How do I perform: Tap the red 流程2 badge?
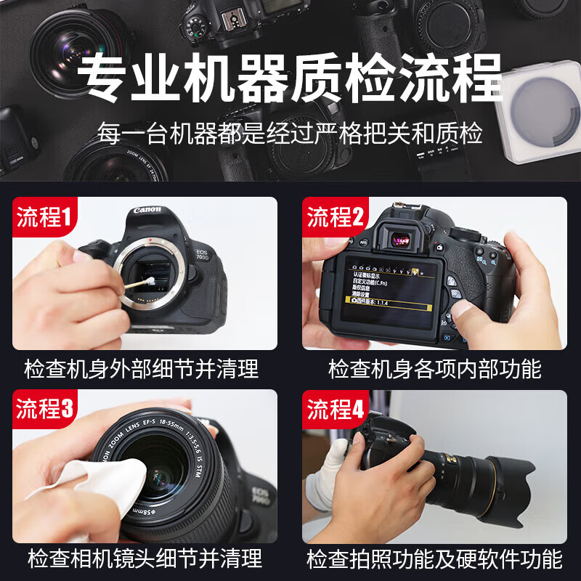(336, 216)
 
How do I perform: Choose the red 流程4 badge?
(336, 410)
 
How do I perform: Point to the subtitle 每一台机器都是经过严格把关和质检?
(290, 134)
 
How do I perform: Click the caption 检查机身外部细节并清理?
(142, 368)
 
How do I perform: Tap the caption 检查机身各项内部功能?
(434, 368)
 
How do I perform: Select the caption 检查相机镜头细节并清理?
(145, 558)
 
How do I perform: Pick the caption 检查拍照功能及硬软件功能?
(434, 558)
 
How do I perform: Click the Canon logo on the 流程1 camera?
(147, 211)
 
